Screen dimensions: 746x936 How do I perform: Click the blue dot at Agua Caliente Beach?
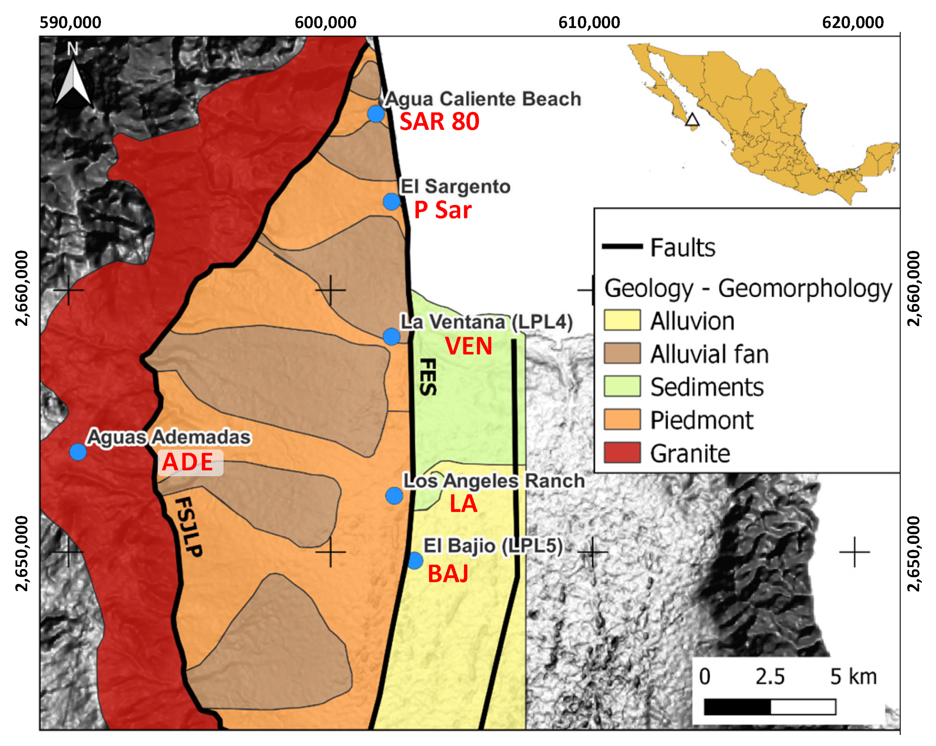pos(376,114)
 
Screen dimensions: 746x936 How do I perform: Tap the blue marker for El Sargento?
pos(392,201)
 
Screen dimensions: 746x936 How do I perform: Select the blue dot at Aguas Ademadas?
pos(78,451)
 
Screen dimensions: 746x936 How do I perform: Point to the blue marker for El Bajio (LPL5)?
pos(415,561)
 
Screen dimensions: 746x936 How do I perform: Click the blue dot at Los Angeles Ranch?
pos(394,495)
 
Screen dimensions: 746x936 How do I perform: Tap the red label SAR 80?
pos(439,121)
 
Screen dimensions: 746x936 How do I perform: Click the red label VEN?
pos(468,346)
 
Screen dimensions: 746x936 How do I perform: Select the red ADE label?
pos(188,462)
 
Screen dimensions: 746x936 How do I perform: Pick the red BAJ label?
pos(448,574)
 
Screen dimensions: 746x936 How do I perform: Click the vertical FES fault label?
pos(428,377)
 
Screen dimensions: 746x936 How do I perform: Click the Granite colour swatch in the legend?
pos(622,453)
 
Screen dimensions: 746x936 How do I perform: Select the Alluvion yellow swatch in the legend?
pos(622,321)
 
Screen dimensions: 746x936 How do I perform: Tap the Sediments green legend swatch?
pos(622,387)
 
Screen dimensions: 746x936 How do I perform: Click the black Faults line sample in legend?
pos(622,246)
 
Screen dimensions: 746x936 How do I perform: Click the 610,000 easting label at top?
pos(589,22)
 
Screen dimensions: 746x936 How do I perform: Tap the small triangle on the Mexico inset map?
pos(692,120)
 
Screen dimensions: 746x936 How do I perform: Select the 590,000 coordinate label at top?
pos(70,22)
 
